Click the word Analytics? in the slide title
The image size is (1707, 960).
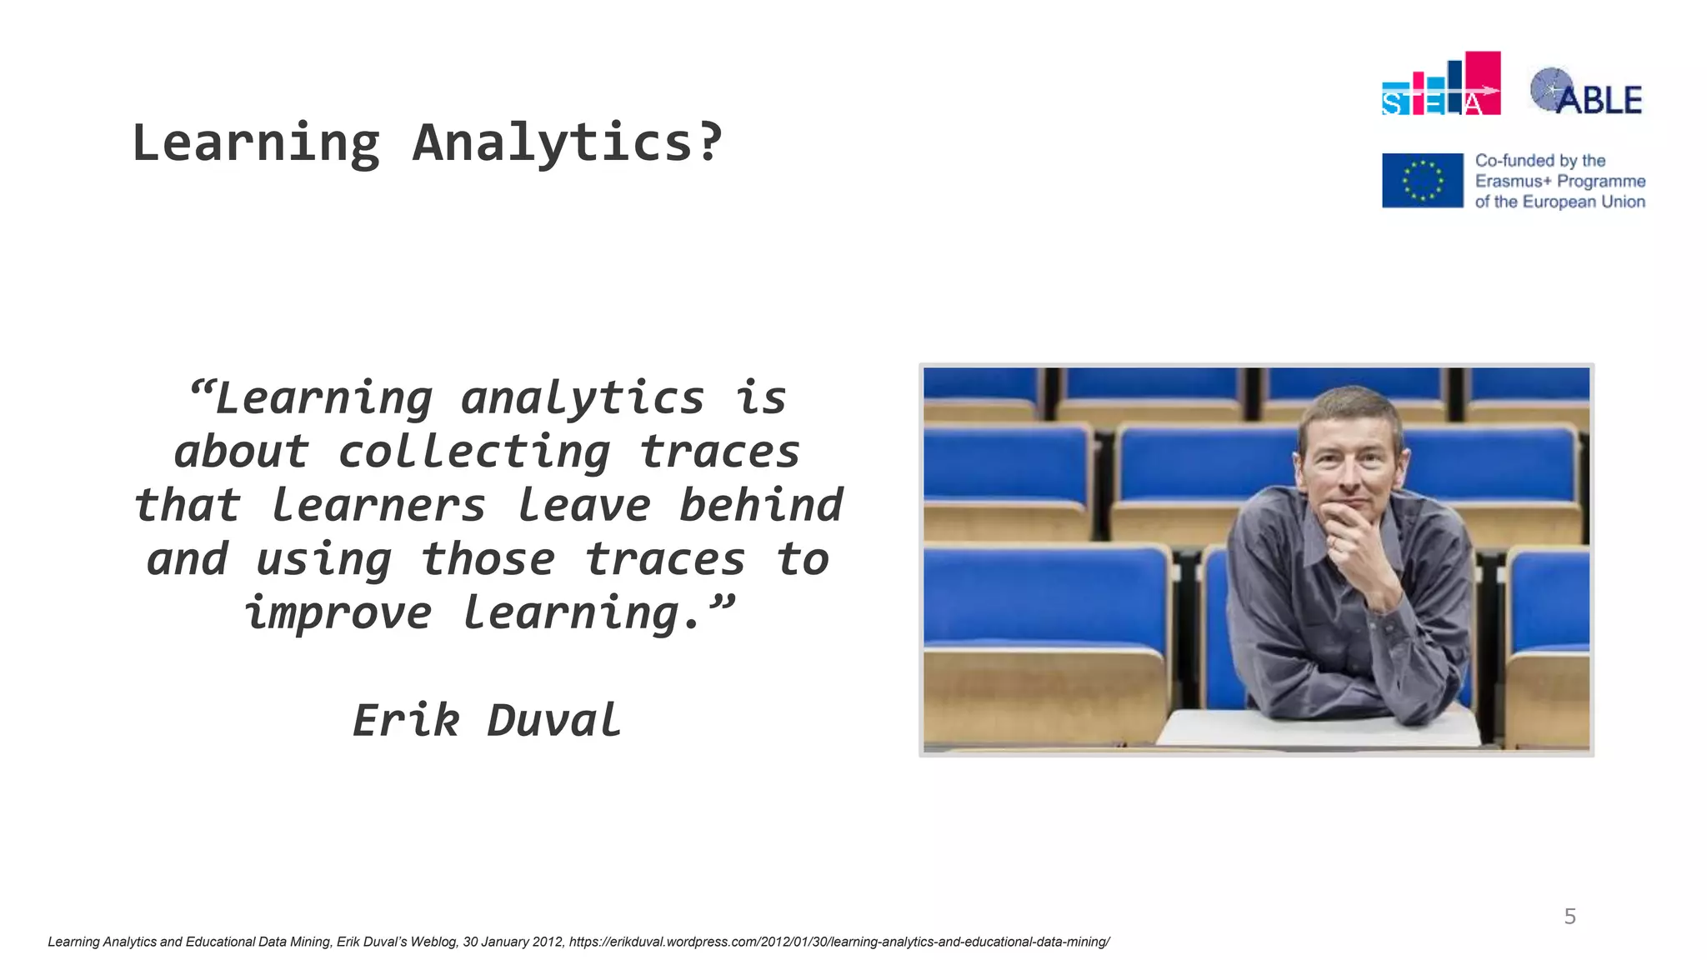(567, 143)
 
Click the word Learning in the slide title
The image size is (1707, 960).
(256, 143)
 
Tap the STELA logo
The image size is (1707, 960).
(1440, 84)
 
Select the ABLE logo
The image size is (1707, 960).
(1585, 92)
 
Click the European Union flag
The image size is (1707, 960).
(1422, 180)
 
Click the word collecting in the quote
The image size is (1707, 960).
(473, 453)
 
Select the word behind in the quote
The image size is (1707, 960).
(760, 507)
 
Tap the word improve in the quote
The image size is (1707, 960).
(338, 614)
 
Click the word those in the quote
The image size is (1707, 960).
(488, 560)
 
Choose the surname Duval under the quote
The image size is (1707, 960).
(553, 721)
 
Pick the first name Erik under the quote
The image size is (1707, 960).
(406, 721)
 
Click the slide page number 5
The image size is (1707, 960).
(1569, 917)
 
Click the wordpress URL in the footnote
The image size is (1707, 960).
(838, 942)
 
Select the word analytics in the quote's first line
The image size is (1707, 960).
(582, 399)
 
